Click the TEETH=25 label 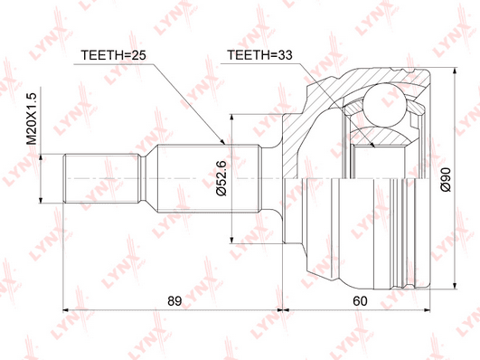(113, 55)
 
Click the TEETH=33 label (259, 55)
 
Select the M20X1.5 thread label (32, 118)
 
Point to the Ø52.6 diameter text (221, 178)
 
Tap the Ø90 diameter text (446, 179)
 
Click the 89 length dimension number (174, 301)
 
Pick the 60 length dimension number (360, 301)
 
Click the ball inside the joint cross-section (385, 105)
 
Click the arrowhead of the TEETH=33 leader (372, 145)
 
